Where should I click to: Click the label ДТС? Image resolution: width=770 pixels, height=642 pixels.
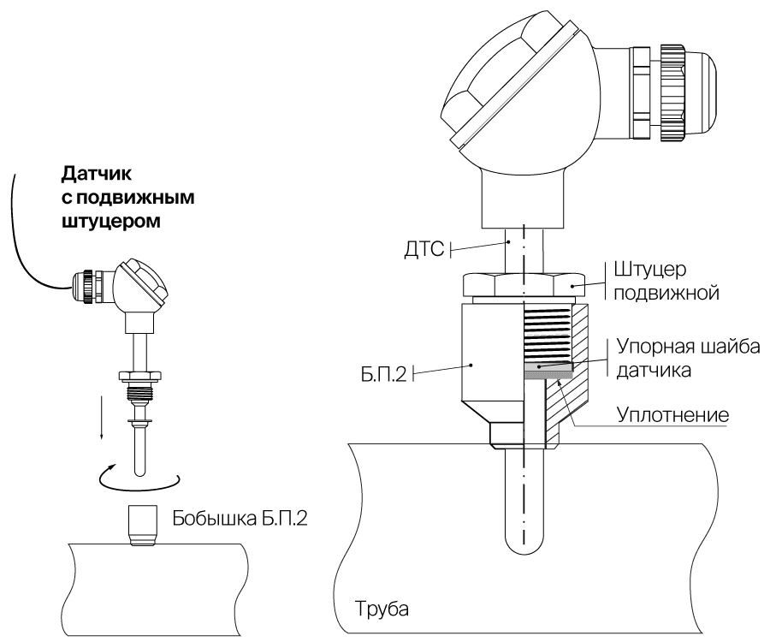pyautogui.click(x=423, y=249)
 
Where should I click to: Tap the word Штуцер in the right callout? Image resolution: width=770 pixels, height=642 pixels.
pyautogui.click(x=650, y=270)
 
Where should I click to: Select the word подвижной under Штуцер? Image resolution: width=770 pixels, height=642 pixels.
pyautogui.click(x=666, y=293)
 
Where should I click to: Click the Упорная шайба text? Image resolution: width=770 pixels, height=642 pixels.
pyautogui.click(x=688, y=347)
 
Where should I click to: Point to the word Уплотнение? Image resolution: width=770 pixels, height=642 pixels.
pyautogui.click(x=672, y=415)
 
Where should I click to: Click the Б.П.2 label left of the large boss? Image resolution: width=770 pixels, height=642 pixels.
pyautogui.click(x=384, y=375)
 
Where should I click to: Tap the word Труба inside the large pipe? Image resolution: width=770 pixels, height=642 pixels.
pyautogui.click(x=382, y=609)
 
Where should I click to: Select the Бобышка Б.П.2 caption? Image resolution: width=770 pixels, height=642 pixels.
pyautogui.click(x=240, y=519)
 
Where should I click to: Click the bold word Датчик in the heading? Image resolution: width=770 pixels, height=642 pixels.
pyautogui.click(x=97, y=174)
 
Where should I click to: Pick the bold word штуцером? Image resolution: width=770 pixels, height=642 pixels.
pyautogui.click(x=111, y=222)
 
